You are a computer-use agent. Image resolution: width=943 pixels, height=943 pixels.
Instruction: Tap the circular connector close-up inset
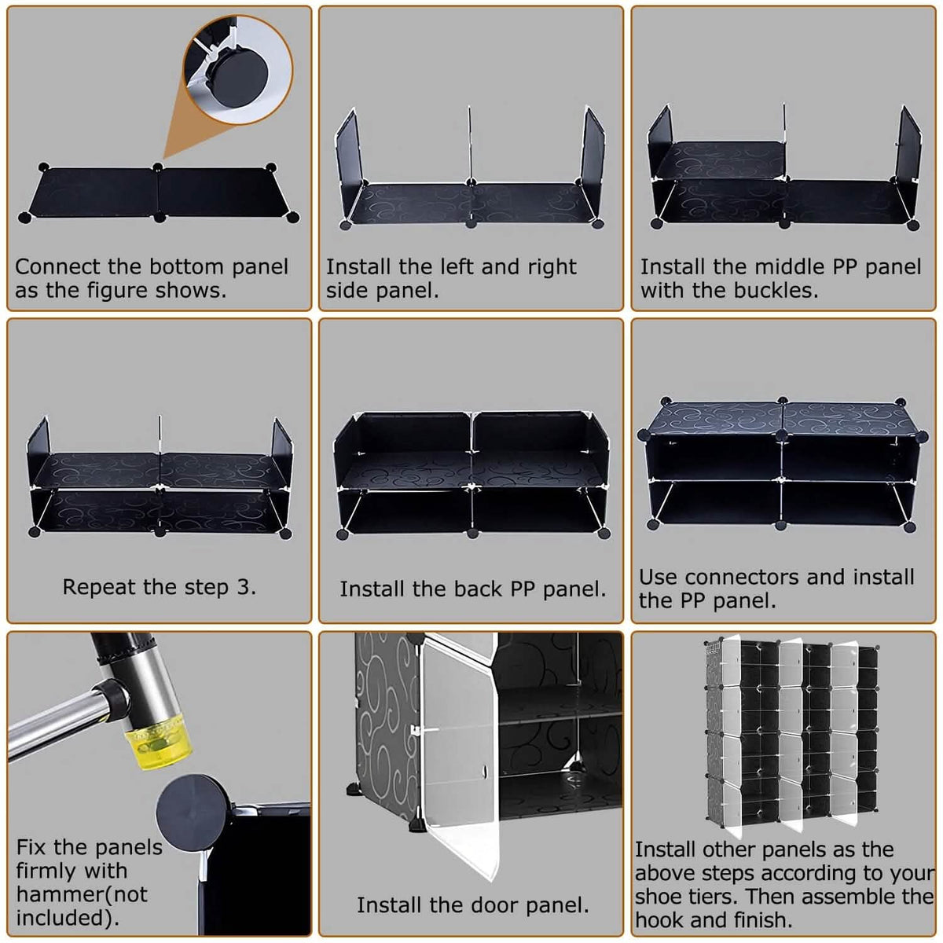(x=238, y=69)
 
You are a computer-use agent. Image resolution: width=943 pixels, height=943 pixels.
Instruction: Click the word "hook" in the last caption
(x=661, y=920)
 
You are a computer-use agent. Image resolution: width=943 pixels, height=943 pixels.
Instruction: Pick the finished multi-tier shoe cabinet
(x=791, y=733)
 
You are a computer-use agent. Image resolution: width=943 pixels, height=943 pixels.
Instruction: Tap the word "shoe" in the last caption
(x=659, y=897)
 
